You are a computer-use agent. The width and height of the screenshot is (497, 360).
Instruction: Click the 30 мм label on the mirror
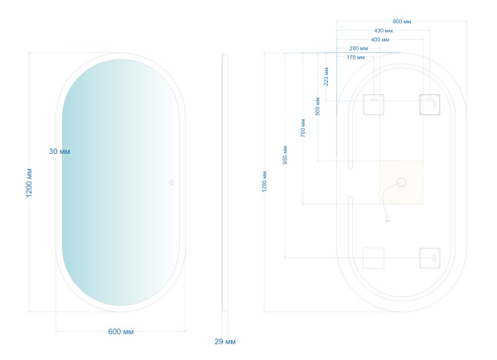pos(60,151)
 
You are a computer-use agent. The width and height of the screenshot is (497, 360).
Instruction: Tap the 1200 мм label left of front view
pos(30,183)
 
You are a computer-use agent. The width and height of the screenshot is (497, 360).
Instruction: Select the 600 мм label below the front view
pos(121,332)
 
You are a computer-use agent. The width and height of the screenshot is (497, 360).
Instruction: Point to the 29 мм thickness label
pos(225,341)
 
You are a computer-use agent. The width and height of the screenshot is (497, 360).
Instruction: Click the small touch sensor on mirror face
pos(171,182)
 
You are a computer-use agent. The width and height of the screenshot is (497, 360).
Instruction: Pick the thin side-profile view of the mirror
pos(226,183)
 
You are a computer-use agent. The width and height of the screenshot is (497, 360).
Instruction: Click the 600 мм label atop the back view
pos(403,22)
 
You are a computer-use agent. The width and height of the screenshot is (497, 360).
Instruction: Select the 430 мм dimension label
pos(383,31)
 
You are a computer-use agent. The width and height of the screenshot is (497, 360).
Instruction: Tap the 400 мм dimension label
pos(381,40)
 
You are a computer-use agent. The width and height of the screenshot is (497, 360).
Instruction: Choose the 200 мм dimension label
pos(359,49)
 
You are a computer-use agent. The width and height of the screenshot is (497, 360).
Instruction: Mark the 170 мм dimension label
pos(356,57)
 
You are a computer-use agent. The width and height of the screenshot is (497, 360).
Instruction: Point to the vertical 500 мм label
pos(317,106)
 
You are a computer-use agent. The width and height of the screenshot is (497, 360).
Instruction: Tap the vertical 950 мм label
pos(285,155)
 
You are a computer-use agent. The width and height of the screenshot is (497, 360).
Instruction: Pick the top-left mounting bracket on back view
pos(374,105)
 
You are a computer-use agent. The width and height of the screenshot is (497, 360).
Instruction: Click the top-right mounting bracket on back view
pos(429,105)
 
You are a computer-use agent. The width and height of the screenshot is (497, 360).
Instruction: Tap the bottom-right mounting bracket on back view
pos(429,258)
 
